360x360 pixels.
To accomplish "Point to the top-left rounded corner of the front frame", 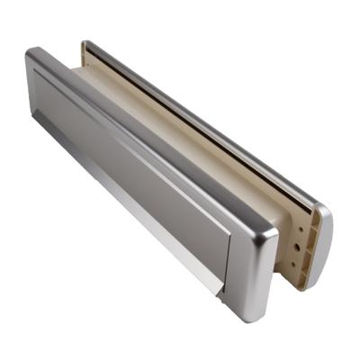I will [x=33, y=56].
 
